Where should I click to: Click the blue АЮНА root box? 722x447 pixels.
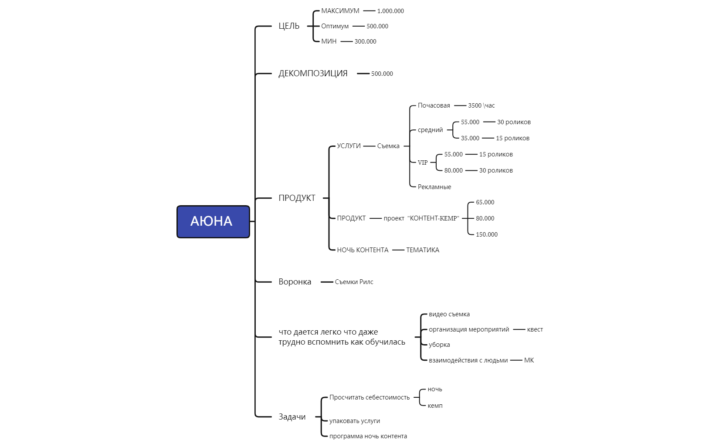(x=213, y=222)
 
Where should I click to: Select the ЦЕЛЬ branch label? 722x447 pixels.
(x=289, y=26)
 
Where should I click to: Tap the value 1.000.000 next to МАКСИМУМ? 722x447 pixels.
(x=390, y=11)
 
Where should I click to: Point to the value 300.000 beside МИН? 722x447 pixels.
(x=365, y=41)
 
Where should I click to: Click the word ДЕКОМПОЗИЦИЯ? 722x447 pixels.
(x=313, y=74)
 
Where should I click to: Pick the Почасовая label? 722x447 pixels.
(x=434, y=105)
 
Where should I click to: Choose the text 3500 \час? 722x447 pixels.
(x=481, y=105)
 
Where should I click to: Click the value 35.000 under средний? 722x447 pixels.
(x=470, y=138)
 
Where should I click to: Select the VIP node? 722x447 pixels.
(x=423, y=163)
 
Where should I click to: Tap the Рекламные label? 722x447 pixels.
(x=434, y=187)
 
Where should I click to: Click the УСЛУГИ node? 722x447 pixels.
(x=349, y=146)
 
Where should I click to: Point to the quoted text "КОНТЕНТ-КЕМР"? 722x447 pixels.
(x=433, y=218)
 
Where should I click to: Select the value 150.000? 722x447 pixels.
(x=487, y=234)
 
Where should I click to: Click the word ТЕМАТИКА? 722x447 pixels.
(x=423, y=250)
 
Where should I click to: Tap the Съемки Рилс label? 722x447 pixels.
(x=354, y=282)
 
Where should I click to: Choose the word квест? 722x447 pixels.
(x=535, y=329)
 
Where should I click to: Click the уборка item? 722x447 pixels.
(x=439, y=345)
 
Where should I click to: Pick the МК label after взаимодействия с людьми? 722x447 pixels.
(x=529, y=360)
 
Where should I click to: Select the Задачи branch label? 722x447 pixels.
(x=292, y=417)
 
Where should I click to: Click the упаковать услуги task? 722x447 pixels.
(x=355, y=421)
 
